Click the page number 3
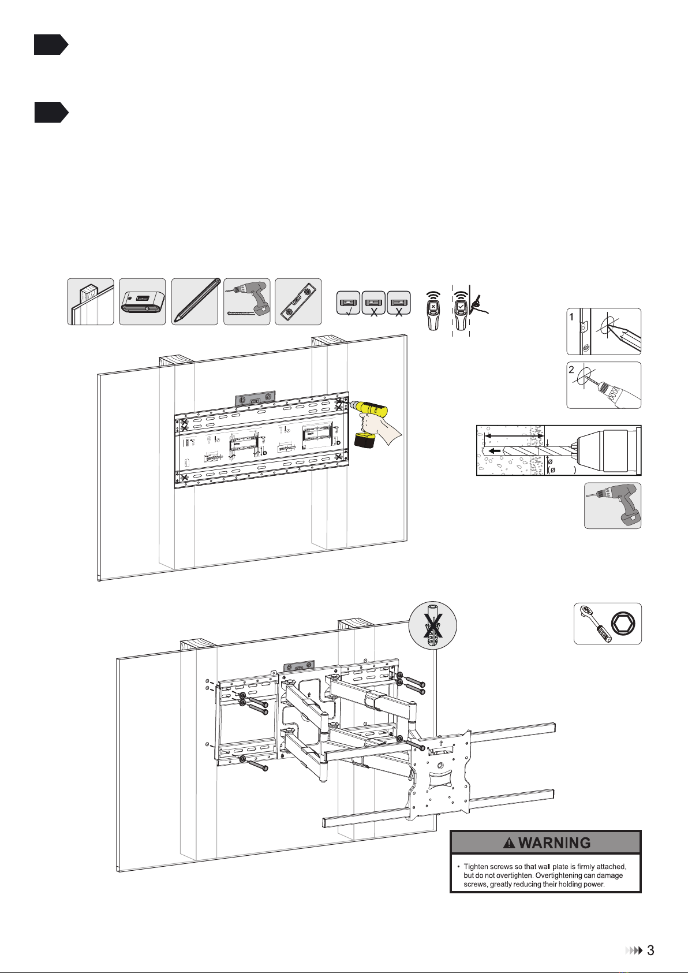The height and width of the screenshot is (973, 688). pos(650,950)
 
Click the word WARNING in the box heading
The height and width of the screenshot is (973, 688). pos(554,843)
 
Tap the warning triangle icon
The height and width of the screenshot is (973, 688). pos(509,844)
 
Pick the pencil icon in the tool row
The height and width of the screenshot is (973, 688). pos(195,301)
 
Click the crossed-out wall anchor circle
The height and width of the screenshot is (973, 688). pos(432,625)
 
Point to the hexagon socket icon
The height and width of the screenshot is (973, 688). pos(624,624)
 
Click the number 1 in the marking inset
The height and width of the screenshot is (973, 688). pos(571,316)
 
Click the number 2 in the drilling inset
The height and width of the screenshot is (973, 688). pos(571,370)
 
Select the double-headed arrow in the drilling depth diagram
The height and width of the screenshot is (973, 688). pos(514,435)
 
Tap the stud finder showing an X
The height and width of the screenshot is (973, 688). pos(433,311)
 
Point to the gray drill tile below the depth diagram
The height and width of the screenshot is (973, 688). pos(612,506)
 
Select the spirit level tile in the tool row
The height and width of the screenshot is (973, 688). pos(298,301)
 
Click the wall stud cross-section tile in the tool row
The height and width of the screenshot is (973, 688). pos(90,301)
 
